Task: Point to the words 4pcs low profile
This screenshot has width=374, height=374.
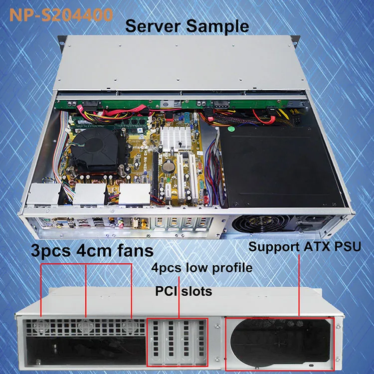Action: (202, 268)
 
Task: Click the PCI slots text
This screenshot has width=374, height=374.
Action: (184, 290)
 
